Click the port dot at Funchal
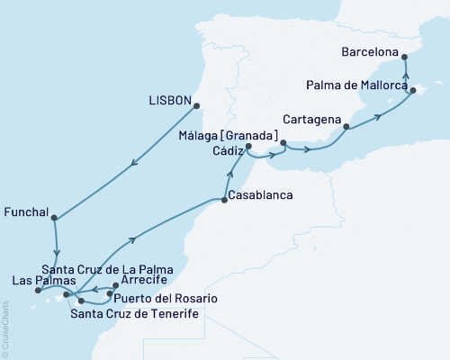pyautogui.click(x=55, y=217)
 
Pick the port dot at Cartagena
pyautogui.click(x=346, y=129)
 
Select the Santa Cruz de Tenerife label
pyautogui.click(x=134, y=312)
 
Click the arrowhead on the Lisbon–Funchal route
pyautogui.click(x=134, y=163)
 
